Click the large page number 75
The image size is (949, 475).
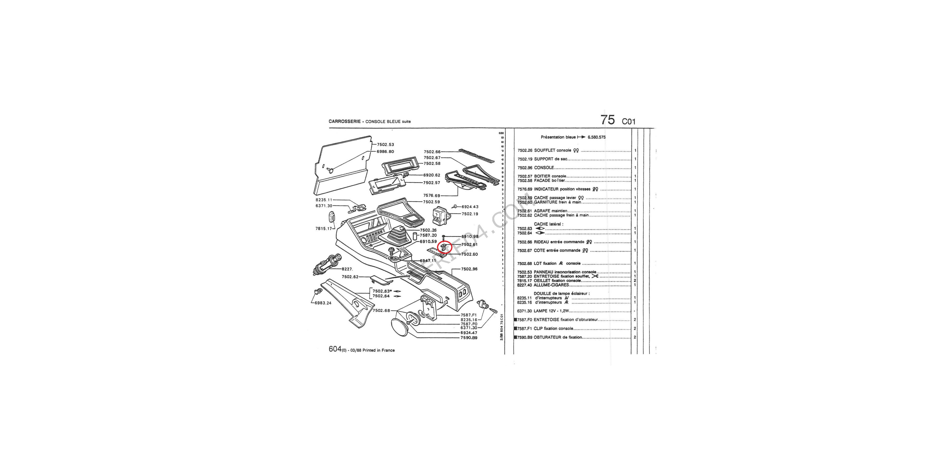(x=608, y=120)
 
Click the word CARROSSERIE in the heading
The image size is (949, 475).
(x=344, y=121)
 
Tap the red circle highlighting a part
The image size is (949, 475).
(x=444, y=247)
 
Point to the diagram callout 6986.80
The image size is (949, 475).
(x=385, y=152)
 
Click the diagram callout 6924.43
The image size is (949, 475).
(x=470, y=207)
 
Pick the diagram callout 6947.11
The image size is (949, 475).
(x=428, y=261)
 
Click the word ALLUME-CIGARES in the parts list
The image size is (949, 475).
(x=551, y=285)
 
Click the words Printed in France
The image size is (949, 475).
(x=378, y=350)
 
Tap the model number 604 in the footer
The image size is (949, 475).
(x=335, y=349)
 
